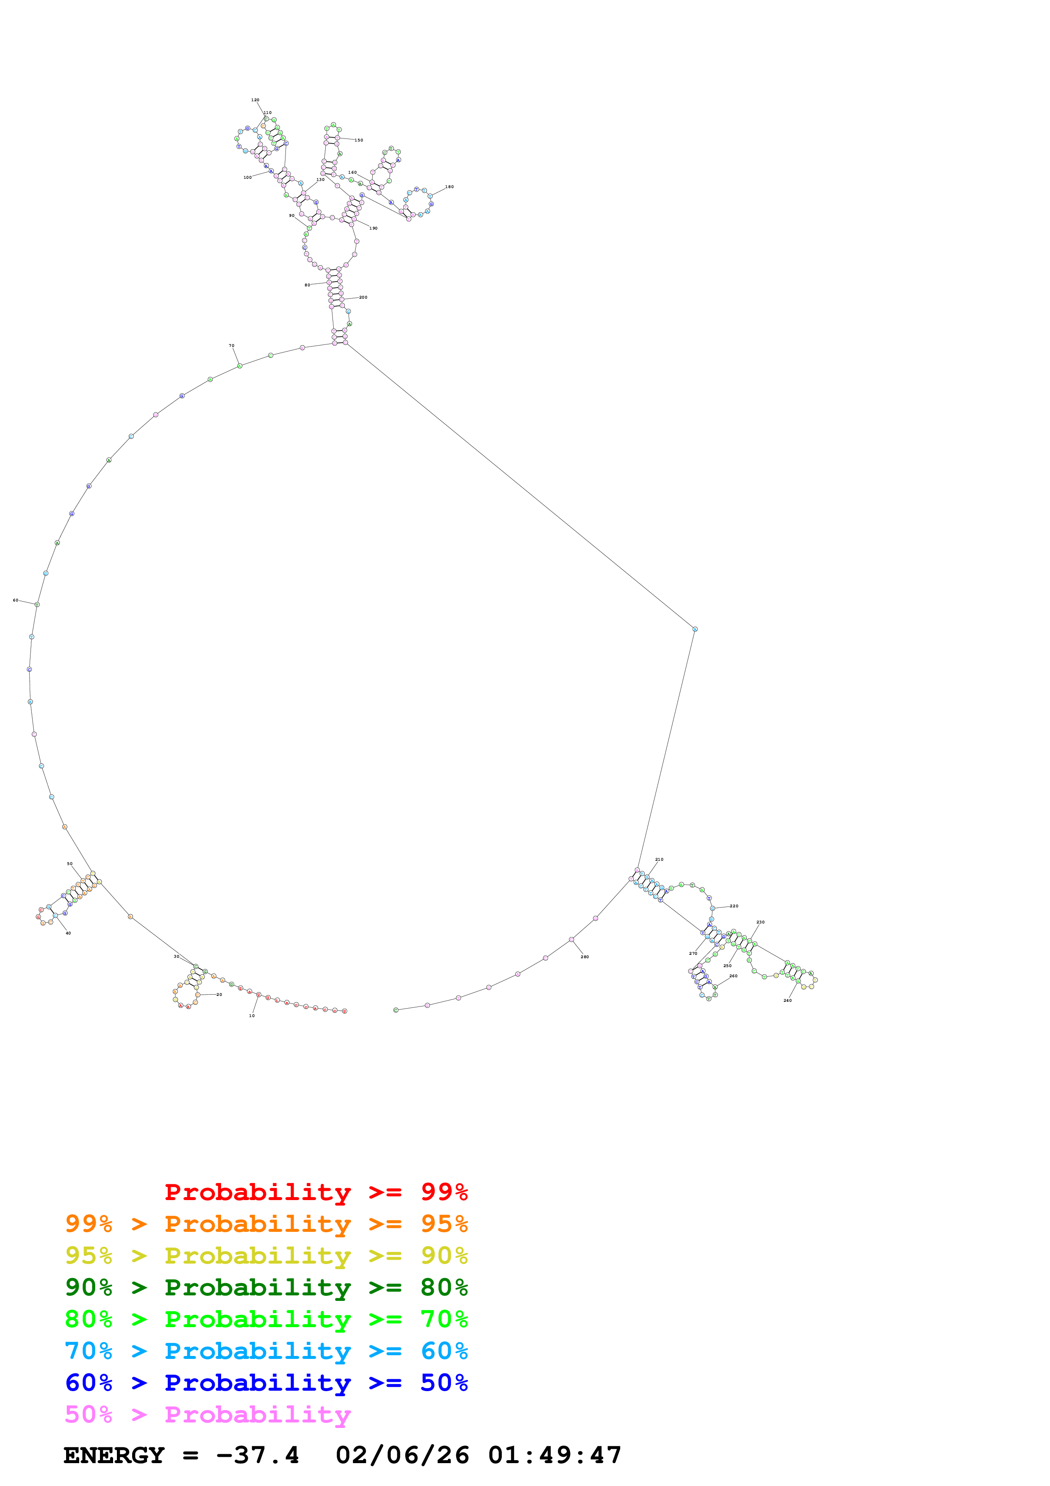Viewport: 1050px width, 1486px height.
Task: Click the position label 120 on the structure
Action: [255, 100]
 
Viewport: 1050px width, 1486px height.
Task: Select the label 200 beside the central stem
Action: [363, 297]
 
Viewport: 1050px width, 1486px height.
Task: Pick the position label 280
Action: [584, 956]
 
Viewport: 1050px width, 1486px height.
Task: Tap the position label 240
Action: [787, 1001]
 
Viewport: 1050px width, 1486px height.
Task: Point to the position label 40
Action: [68, 933]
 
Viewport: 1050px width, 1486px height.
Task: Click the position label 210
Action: [659, 859]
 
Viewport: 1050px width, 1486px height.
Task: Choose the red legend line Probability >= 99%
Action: [316, 1192]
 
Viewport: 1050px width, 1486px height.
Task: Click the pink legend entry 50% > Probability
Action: [207, 1415]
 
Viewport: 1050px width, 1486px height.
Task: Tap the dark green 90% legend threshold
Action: [89, 1288]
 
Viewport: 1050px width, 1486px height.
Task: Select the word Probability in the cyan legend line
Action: [258, 1351]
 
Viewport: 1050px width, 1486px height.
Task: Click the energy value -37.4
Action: [258, 1456]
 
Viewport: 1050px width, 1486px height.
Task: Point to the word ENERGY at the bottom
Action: [114, 1456]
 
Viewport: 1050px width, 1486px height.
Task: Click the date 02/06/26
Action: [402, 1456]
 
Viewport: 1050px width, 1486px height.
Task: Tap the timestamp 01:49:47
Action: [554, 1456]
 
